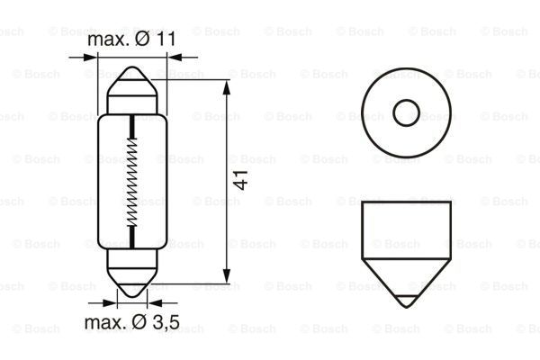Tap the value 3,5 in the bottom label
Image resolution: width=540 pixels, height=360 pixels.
(163, 322)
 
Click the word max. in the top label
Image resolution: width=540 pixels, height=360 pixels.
(104, 41)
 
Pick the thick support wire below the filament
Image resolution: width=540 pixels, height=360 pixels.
(132, 237)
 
